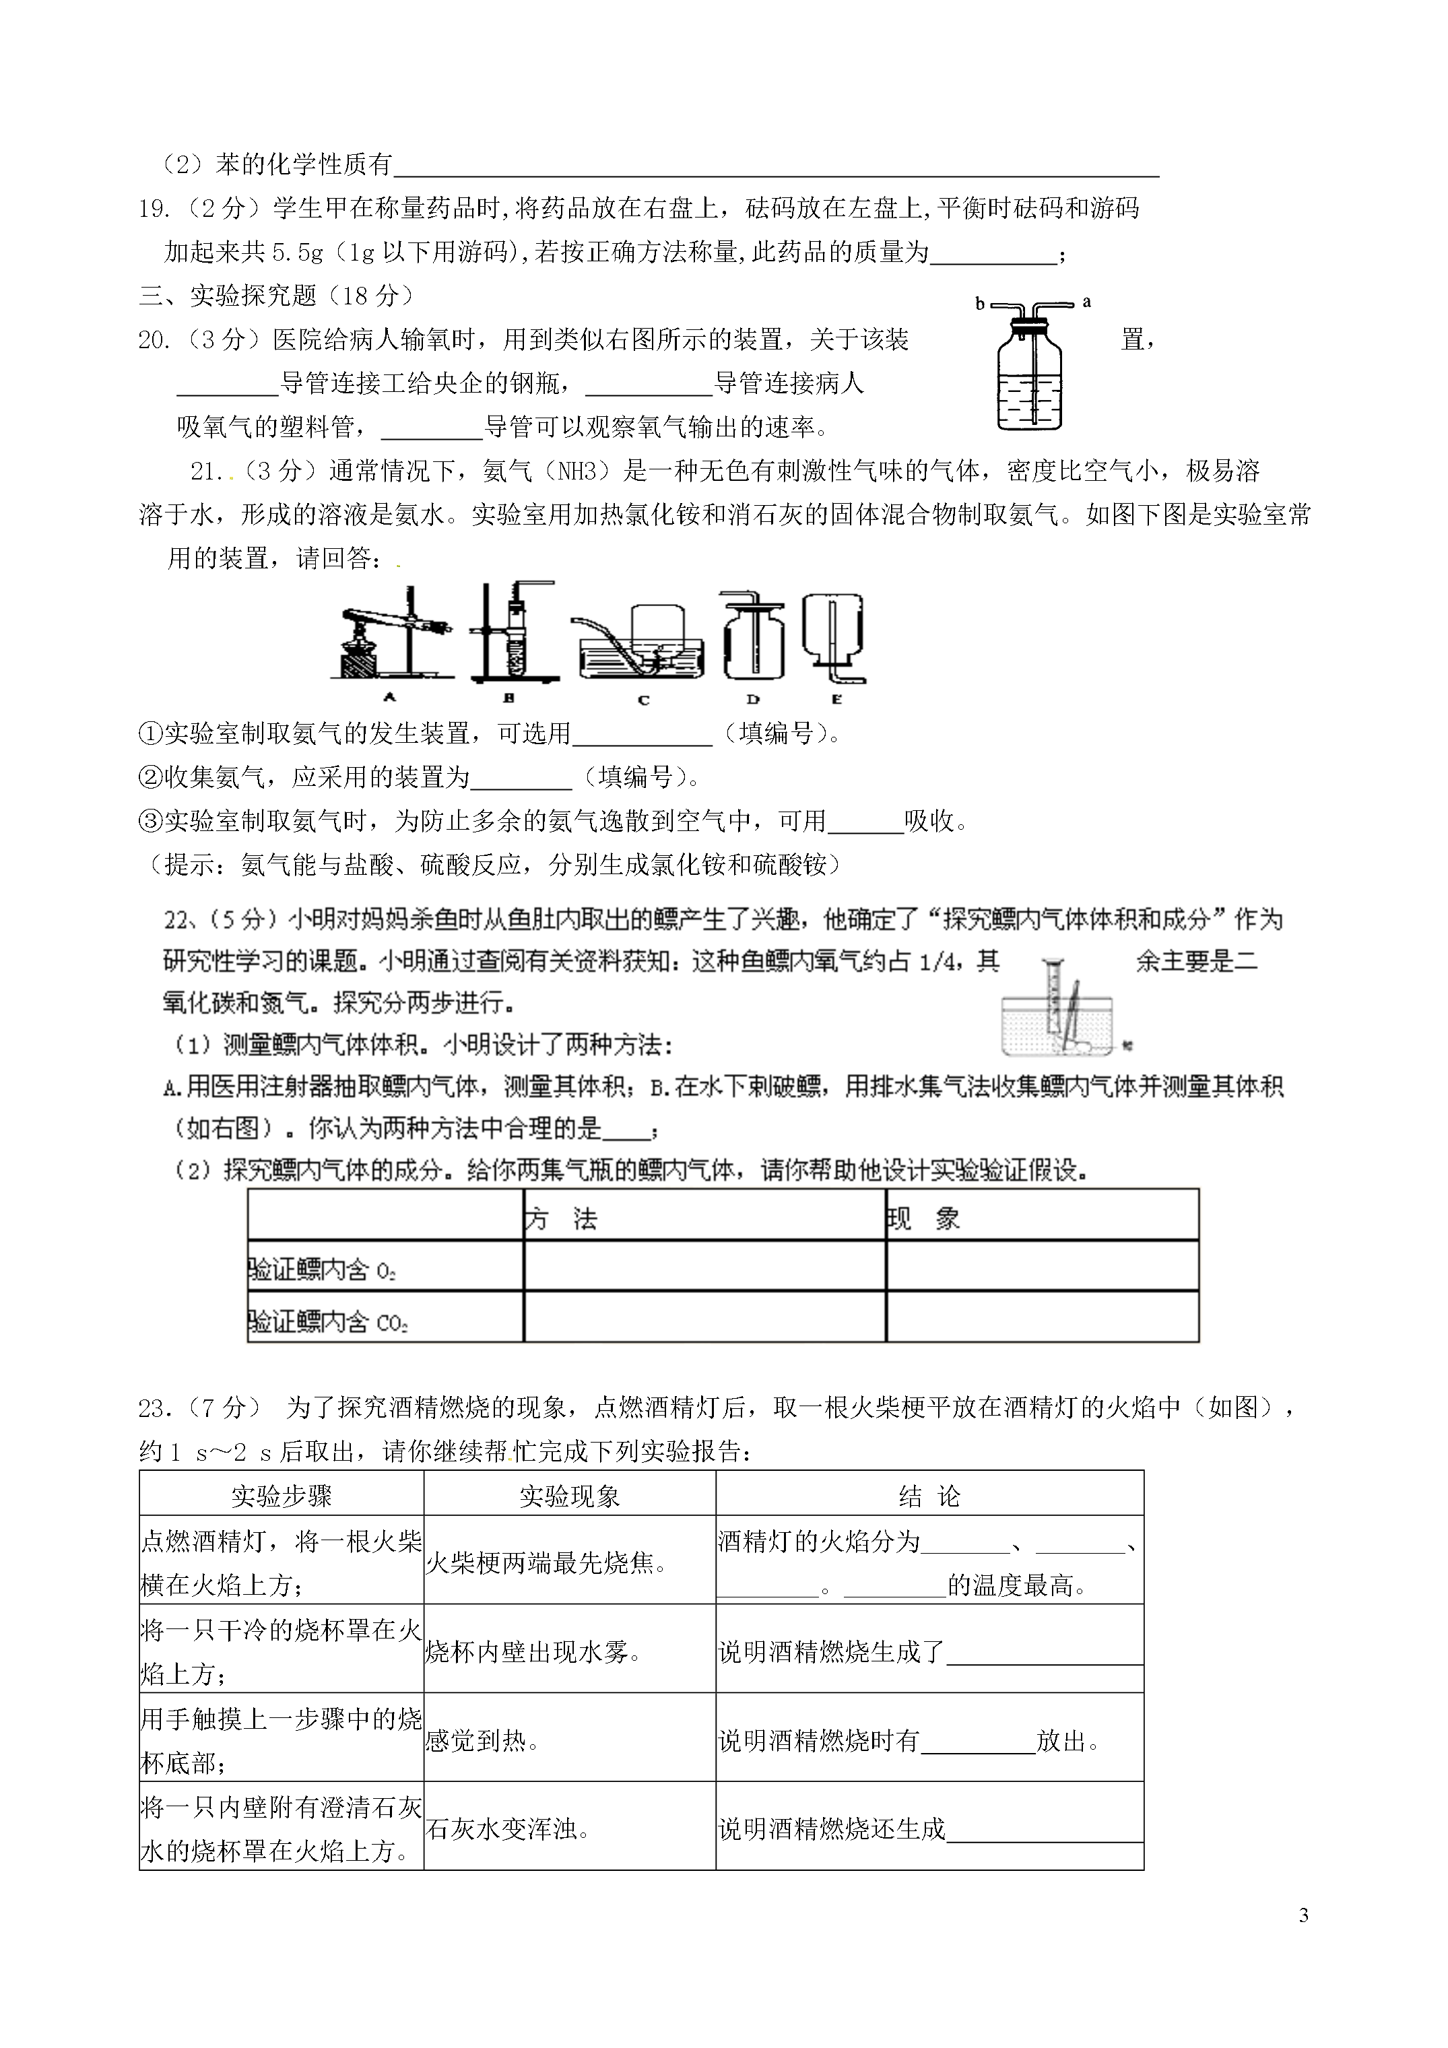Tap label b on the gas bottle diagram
980,304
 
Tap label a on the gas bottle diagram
1086,302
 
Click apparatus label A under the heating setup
389,698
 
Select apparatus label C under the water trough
643,700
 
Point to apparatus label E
836,699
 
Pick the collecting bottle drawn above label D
754,638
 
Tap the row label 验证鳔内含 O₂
322,1270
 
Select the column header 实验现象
569,1496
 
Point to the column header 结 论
929,1496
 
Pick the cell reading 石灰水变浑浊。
508,1830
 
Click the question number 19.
154,209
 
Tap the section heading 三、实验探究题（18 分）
277,295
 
